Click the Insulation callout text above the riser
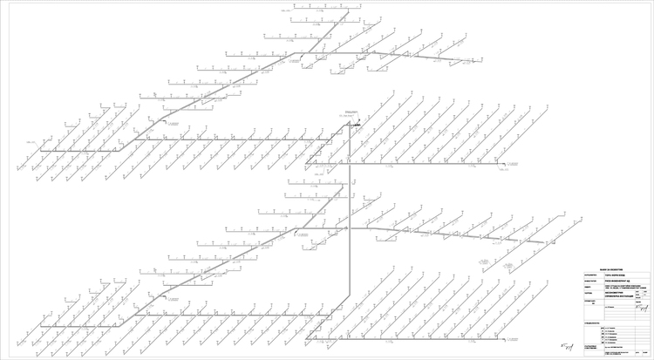351,111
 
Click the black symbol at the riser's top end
355,126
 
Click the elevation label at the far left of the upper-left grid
32,141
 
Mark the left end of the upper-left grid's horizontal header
40,151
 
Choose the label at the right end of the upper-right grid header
503,170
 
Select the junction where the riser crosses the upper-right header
350,163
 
